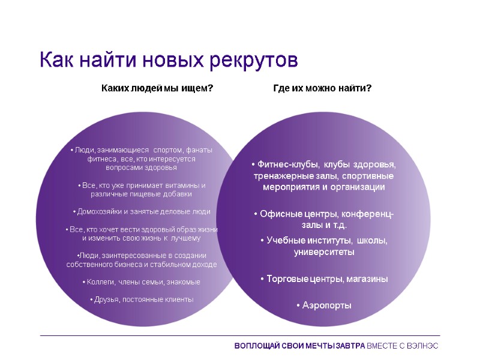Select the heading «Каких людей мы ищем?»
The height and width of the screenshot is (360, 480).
[157, 88]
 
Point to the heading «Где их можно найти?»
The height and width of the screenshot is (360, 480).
[322, 88]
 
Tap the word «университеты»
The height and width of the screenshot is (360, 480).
[324, 252]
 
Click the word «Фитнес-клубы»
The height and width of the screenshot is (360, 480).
[286, 164]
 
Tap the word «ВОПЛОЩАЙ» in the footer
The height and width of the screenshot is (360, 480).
[256, 346]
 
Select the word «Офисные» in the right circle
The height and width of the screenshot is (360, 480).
[278, 214]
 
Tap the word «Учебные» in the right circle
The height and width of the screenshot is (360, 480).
[283, 241]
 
